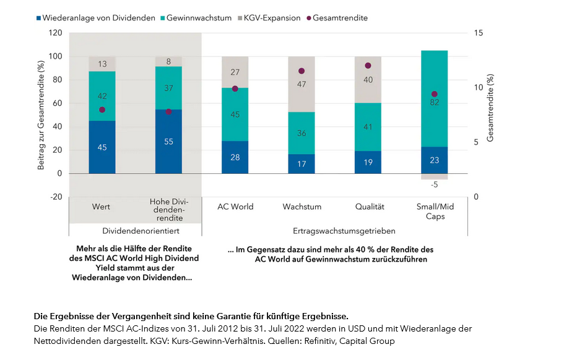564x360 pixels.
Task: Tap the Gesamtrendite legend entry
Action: coord(339,18)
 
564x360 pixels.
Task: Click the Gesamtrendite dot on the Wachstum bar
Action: coord(302,71)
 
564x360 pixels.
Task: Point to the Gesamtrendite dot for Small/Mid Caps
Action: coord(435,94)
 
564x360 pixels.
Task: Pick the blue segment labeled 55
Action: coord(168,141)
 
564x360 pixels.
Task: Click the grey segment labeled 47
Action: coord(302,84)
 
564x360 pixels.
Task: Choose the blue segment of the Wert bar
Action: coord(102,147)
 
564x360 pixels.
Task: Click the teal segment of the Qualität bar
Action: coord(368,127)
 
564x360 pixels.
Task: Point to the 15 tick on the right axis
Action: coord(478,33)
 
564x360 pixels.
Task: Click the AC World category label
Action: coord(235,207)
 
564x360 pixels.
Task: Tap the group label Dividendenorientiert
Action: coord(135,231)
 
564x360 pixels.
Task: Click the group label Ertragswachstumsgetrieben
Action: coord(335,231)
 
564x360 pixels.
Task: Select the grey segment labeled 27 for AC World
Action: coord(235,72)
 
